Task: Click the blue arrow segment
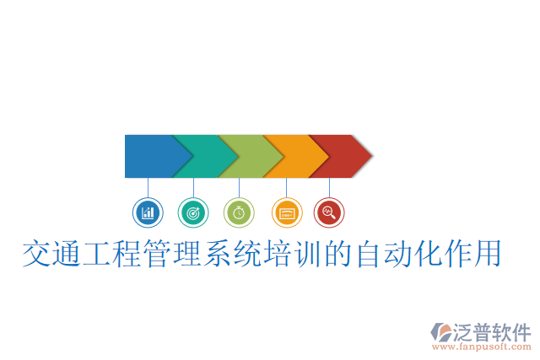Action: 150,156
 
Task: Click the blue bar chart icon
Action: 148,212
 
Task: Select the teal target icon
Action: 193,212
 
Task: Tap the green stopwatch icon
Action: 239,212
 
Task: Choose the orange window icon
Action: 286,212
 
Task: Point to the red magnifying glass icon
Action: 329,212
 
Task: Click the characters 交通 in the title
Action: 52,254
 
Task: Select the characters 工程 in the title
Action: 113,254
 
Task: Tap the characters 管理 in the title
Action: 174,254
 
